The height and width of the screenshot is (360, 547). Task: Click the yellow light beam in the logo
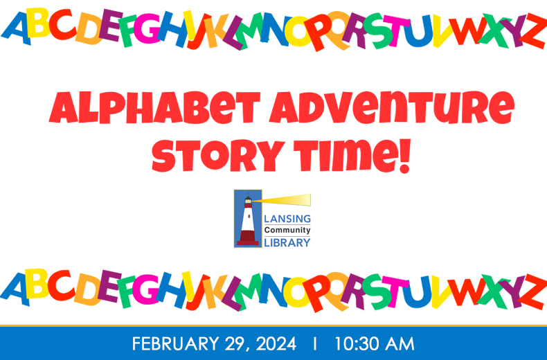pyautogui.click(x=285, y=200)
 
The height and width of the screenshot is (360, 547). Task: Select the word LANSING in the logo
pyautogui.click(x=287, y=219)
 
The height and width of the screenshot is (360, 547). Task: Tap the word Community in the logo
pyautogui.click(x=287, y=231)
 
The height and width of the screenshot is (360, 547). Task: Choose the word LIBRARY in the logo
pyautogui.click(x=287, y=242)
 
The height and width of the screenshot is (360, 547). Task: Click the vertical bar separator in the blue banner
pyautogui.click(x=315, y=343)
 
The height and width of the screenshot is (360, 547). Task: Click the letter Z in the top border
pyautogui.click(x=533, y=31)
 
